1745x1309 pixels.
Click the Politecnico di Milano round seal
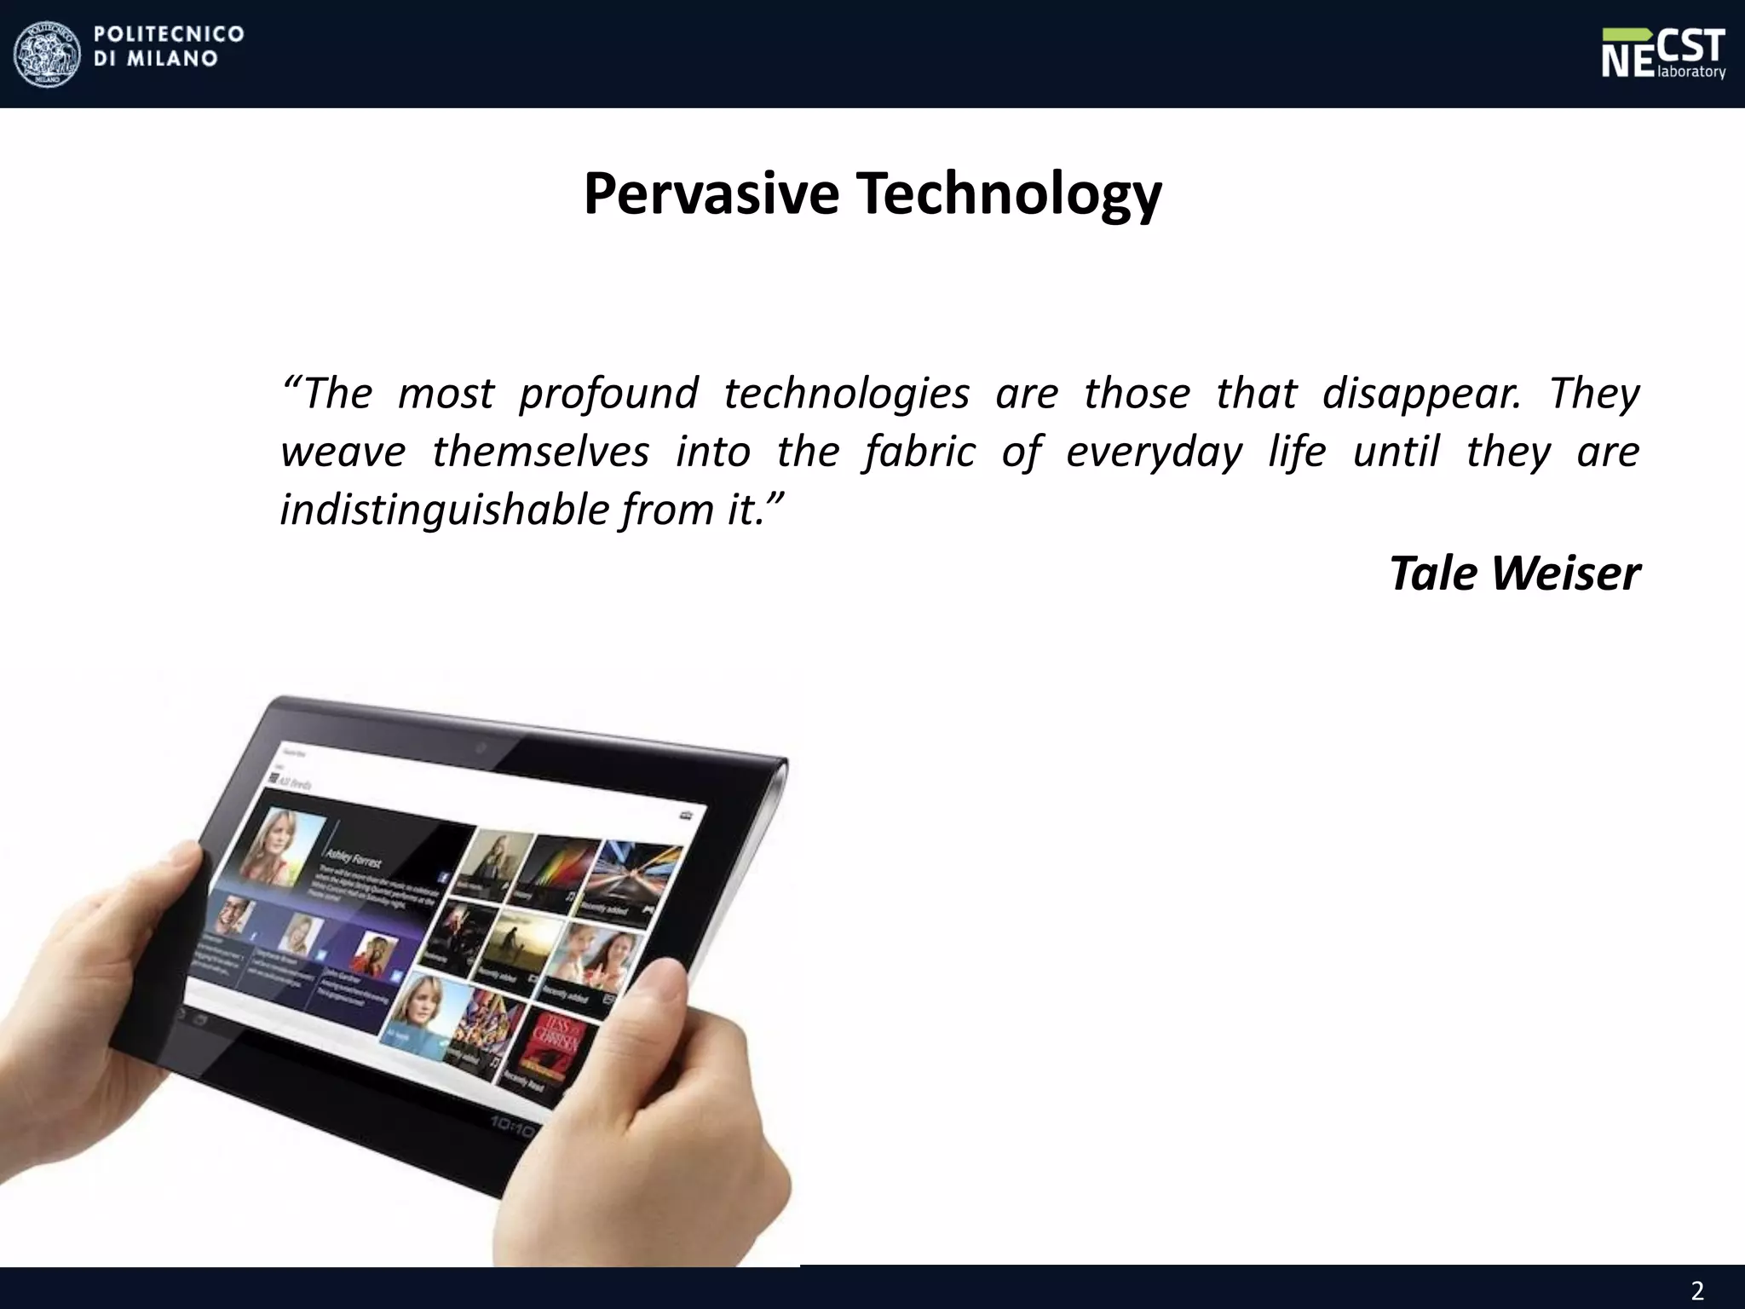[x=46, y=54]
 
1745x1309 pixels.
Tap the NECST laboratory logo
[x=1662, y=53]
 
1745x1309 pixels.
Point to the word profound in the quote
[x=608, y=394]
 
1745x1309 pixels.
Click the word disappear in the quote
[x=1421, y=394]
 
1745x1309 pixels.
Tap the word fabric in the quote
[x=919, y=452]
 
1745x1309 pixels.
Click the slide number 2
[x=1696, y=1290]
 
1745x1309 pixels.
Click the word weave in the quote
[x=343, y=452]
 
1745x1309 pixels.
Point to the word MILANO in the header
[x=172, y=59]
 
